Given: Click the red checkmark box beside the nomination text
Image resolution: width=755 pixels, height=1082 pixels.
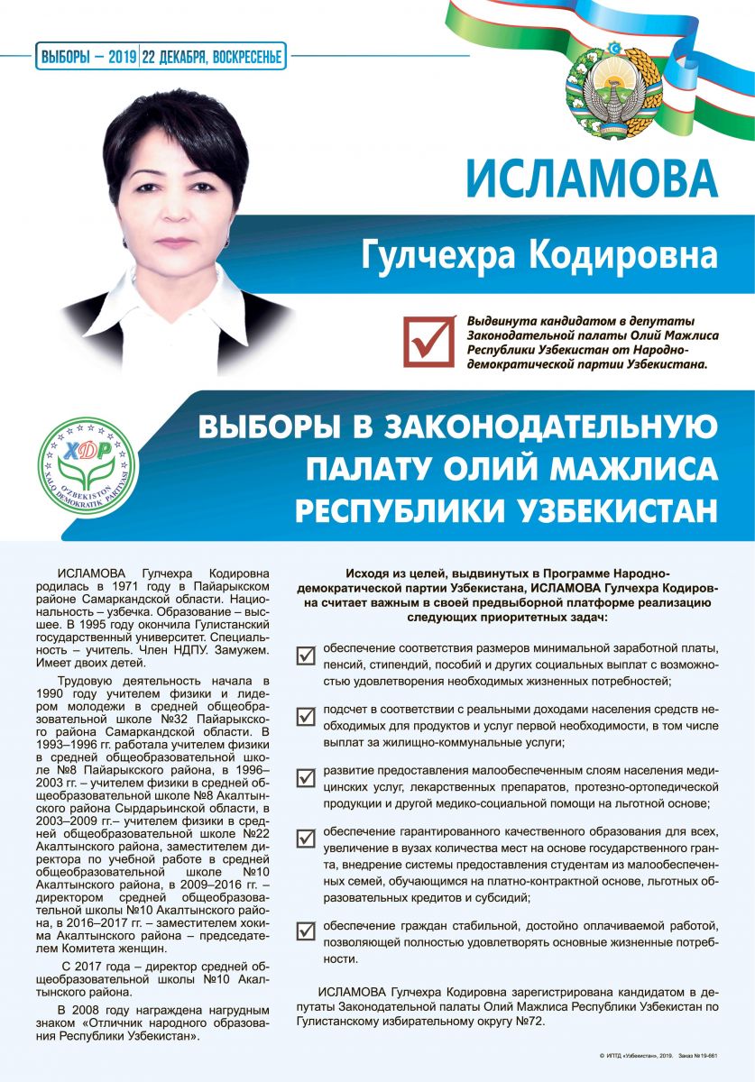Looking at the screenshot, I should click(428, 339).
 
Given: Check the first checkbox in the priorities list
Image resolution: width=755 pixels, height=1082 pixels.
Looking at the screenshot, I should click(306, 656).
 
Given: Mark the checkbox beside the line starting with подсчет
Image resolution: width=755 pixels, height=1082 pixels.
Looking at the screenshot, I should click(306, 717).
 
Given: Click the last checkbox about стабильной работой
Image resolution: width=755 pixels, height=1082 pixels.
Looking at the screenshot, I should click(306, 931).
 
